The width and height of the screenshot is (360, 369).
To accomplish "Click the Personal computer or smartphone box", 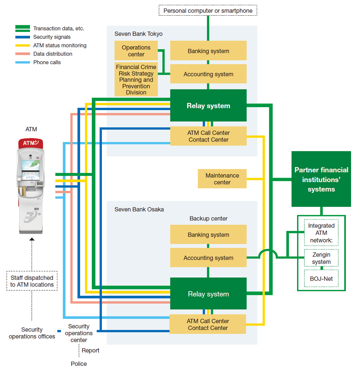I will tap(208, 10).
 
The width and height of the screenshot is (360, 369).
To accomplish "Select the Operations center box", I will tap(136, 51).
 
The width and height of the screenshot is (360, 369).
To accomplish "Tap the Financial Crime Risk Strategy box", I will tap(136, 79).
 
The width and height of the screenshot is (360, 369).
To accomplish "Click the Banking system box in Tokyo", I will tap(208, 51).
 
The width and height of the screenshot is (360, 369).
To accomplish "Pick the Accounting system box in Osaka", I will tap(208, 258).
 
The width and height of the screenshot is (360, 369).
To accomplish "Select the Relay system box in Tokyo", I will tap(208, 106).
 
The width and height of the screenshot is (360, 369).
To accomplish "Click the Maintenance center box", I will tap(222, 179).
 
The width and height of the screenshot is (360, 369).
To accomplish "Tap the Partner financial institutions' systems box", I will tap(321, 179).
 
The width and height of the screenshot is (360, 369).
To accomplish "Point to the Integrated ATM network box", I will tap(321, 233).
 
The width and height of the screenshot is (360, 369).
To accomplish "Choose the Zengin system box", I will tap(321, 258).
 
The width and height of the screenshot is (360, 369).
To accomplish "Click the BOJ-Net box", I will tap(321, 278).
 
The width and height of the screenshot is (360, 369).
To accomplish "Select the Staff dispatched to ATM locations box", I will tap(32, 281).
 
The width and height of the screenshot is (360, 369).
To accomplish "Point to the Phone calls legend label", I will tap(47, 62).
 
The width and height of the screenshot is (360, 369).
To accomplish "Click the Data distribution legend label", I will tap(53, 54).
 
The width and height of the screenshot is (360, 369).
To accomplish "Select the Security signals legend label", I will tap(52, 37).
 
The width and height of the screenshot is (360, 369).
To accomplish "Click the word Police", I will tap(79, 363).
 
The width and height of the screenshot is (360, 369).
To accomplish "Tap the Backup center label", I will tap(208, 218).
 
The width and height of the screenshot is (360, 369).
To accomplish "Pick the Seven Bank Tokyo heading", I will tap(138, 34).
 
